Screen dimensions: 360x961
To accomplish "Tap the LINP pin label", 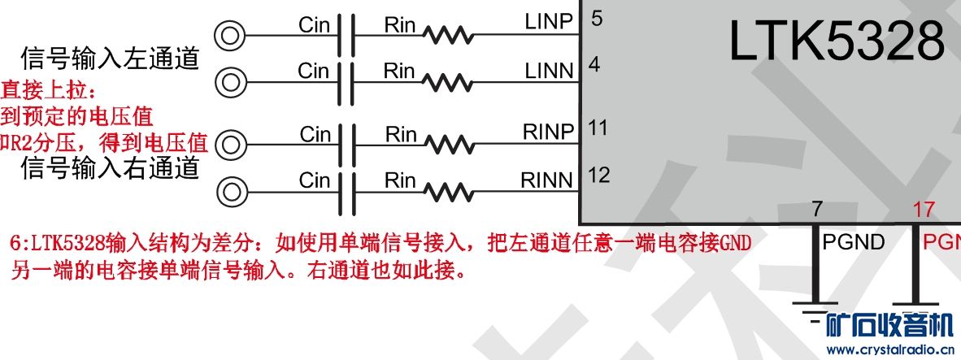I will click(x=550, y=22).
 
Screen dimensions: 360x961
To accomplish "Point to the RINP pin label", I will click(x=548, y=131).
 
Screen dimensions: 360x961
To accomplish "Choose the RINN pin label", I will click(x=547, y=179).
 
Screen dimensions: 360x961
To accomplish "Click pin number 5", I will click(x=597, y=18).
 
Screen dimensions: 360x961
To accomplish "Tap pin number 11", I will click(x=598, y=128).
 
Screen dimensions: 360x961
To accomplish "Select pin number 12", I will click(x=598, y=175).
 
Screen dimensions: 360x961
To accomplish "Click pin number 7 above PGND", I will click(x=816, y=210).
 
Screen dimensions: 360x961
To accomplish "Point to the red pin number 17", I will click(x=924, y=210).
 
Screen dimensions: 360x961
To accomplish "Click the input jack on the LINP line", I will click(x=229, y=35).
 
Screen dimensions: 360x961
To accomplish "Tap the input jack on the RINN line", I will click(x=231, y=193).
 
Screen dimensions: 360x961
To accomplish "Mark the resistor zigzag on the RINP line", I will click(x=448, y=145).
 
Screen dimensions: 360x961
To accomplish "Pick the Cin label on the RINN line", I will click(x=314, y=180).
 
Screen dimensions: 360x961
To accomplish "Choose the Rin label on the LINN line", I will click(x=399, y=72).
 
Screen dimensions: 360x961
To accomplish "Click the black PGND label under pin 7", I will click(x=854, y=241).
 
